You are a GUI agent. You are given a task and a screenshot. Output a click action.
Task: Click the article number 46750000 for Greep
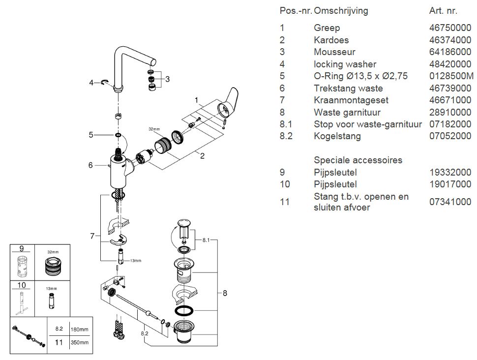[450, 28]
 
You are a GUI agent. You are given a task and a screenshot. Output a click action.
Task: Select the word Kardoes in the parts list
[331, 40]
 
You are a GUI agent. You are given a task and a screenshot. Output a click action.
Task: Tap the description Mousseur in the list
[334, 52]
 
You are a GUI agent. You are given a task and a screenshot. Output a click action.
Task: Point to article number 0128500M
[451, 76]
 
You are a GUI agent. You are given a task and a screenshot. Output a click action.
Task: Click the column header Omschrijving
[341, 11]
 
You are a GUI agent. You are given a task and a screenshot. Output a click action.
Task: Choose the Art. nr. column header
[443, 11]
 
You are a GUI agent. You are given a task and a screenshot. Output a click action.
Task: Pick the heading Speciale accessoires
[358, 160]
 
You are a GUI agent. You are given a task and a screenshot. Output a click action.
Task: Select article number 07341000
[450, 202]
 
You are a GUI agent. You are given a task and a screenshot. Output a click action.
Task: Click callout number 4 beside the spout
[91, 83]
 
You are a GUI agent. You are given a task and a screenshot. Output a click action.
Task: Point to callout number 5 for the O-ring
[91, 135]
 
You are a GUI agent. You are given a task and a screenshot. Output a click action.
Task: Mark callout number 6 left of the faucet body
[90, 165]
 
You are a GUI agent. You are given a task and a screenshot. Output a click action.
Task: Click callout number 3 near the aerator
[168, 79]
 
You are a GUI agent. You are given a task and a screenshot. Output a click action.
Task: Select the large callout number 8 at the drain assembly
[225, 294]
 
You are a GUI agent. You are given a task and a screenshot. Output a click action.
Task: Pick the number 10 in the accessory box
[21, 284]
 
